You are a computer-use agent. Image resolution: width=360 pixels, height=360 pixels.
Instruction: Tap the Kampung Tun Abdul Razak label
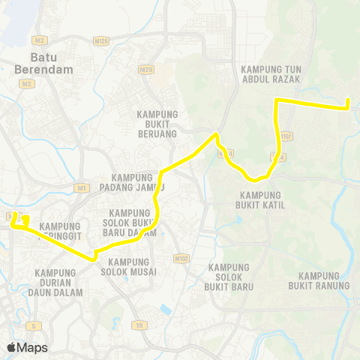[271, 74]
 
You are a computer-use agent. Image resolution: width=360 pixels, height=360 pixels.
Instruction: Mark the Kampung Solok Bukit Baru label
[231, 277]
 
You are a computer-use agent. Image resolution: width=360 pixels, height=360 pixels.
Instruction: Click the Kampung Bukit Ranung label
[313, 280]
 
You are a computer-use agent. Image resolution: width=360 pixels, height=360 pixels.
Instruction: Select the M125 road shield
[102, 40]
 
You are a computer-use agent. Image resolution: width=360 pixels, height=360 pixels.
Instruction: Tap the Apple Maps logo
[27, 348]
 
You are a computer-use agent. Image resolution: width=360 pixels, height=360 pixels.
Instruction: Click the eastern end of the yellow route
[349, 107]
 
